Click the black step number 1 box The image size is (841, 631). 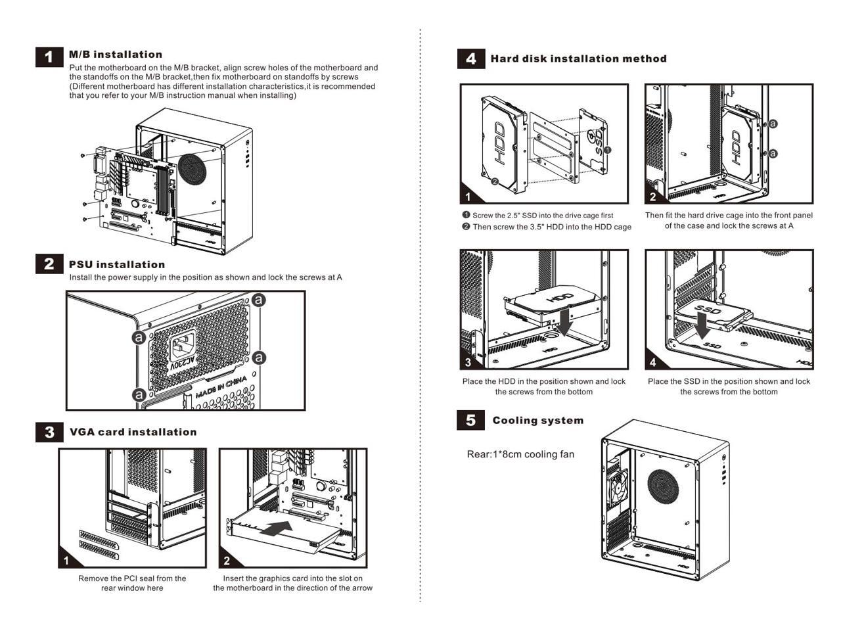tap(49, 57)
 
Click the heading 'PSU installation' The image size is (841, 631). tap(117, 265)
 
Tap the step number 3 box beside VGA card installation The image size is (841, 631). tap(49, 432)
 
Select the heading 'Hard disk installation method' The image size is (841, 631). tap(578, 59)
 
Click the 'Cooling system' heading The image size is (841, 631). tap(537, 421)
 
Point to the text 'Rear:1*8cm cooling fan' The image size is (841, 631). tap(520, 454)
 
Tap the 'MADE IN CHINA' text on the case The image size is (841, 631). tap(221, 388)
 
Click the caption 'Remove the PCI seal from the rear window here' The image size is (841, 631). tap(132, 583)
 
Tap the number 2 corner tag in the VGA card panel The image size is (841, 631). tap(227, 561)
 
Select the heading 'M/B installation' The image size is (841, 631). tap(115, 55)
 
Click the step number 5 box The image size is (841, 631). tap(470, 420)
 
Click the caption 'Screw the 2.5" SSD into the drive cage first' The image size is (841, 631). tap(542, 215)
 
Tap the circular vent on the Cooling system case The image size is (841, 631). tap(664, 486)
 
